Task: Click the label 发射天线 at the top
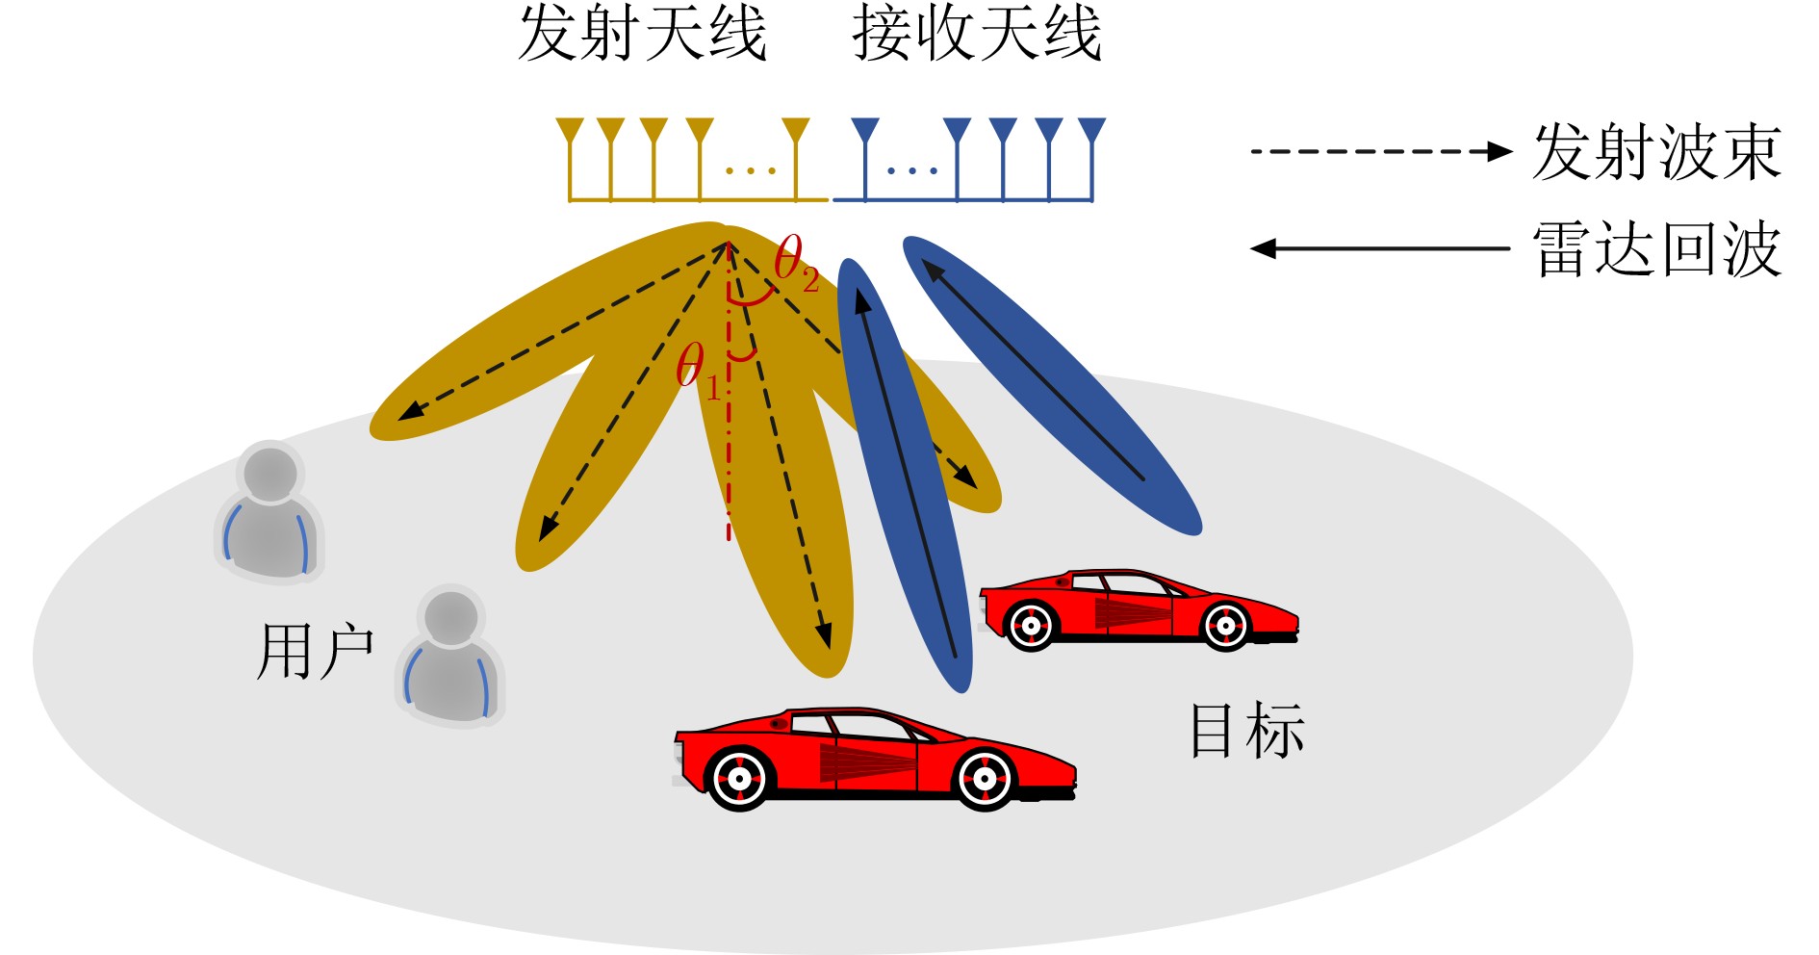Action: click(642, 35)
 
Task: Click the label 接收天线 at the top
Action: click(976, 35)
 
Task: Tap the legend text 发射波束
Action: click(1656, 152)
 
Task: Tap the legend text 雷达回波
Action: click(1656, 248)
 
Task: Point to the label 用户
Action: click(315, 652)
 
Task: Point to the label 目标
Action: click(1246, 731)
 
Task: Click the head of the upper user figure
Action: click(270, 473)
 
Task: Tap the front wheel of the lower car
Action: click(985, 776)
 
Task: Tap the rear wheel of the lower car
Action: click(738, 777)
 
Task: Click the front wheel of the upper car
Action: click(1225, 626)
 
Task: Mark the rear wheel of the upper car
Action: click(1031, 626)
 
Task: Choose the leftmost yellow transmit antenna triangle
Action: click(571, 130)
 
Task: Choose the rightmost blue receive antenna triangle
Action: click(1091, 130)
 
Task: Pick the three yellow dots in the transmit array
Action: click(751, 171)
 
